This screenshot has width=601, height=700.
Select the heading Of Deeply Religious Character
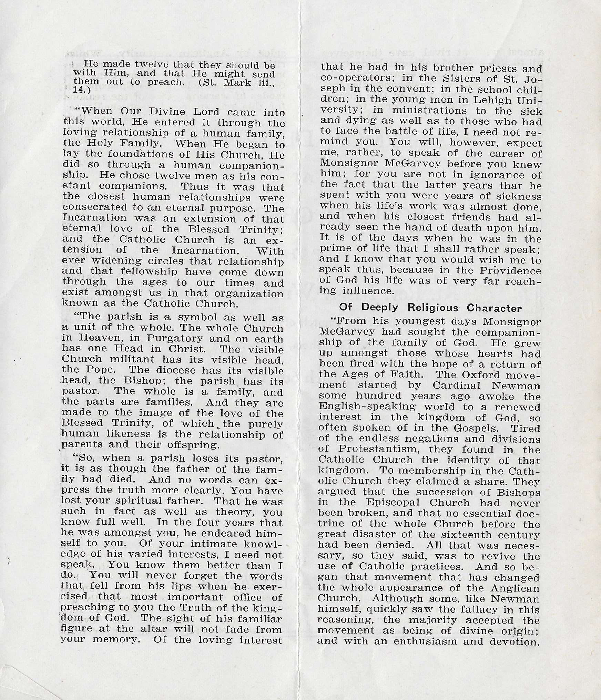pos(430,307)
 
